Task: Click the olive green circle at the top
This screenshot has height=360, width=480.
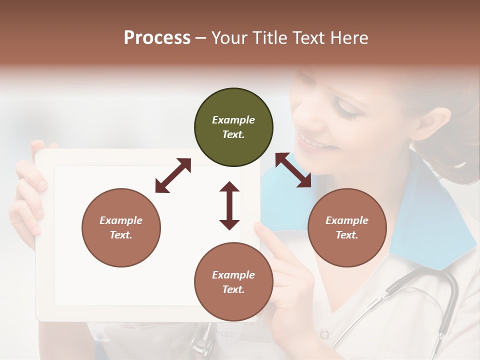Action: [233, 127]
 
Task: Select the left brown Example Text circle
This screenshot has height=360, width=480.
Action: [121, 227]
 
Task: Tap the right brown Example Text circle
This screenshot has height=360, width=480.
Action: [347, 227]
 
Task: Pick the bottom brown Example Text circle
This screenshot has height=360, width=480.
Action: [233, 282]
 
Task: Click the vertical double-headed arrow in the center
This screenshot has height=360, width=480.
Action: [229, 205]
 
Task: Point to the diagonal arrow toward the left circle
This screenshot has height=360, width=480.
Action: [173, 175]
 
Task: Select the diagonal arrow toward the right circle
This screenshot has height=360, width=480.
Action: [293, 170]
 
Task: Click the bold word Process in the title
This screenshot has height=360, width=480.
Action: [157, 37]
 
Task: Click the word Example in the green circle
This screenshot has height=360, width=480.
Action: [233, 120]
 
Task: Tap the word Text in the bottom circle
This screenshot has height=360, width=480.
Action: [233, 289]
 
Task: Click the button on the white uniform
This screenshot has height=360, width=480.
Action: [324, 334]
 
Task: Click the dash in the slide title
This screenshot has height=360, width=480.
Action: [201, 37]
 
